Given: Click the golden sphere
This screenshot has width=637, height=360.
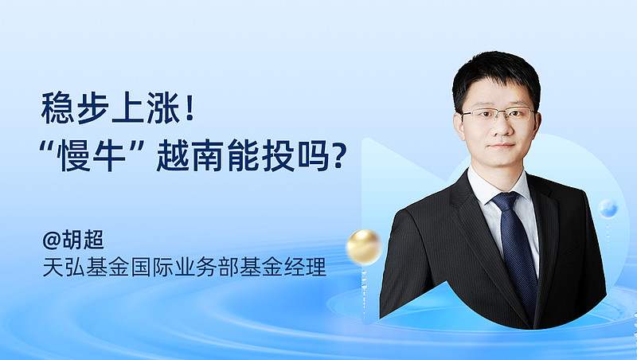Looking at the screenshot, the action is pos(364,247).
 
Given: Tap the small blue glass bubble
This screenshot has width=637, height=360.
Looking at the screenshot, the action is pos(608,209).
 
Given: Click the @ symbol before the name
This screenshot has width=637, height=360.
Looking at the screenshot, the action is pos(52,240).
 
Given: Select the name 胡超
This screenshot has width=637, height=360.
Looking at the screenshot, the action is pos(83,239).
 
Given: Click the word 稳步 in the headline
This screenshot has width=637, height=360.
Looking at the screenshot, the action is pos(75,108).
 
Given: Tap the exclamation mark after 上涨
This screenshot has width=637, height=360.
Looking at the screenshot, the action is pos(189,108).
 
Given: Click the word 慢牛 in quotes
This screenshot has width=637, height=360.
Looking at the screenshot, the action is pos(92,155).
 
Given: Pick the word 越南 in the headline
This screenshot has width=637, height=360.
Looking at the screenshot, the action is pos(190,155).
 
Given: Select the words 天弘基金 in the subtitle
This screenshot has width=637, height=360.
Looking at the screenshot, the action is pos(86,268).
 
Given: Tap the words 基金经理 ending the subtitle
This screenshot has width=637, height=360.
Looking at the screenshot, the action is pos(283,268).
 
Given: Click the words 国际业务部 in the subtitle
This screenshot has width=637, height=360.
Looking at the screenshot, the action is pos(185,268).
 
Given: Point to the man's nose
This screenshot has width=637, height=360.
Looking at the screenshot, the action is pos(502,126).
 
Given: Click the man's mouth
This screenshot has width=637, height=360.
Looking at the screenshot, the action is pos(502,146).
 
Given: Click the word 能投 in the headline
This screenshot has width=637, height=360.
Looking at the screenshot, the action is pos(261,155).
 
